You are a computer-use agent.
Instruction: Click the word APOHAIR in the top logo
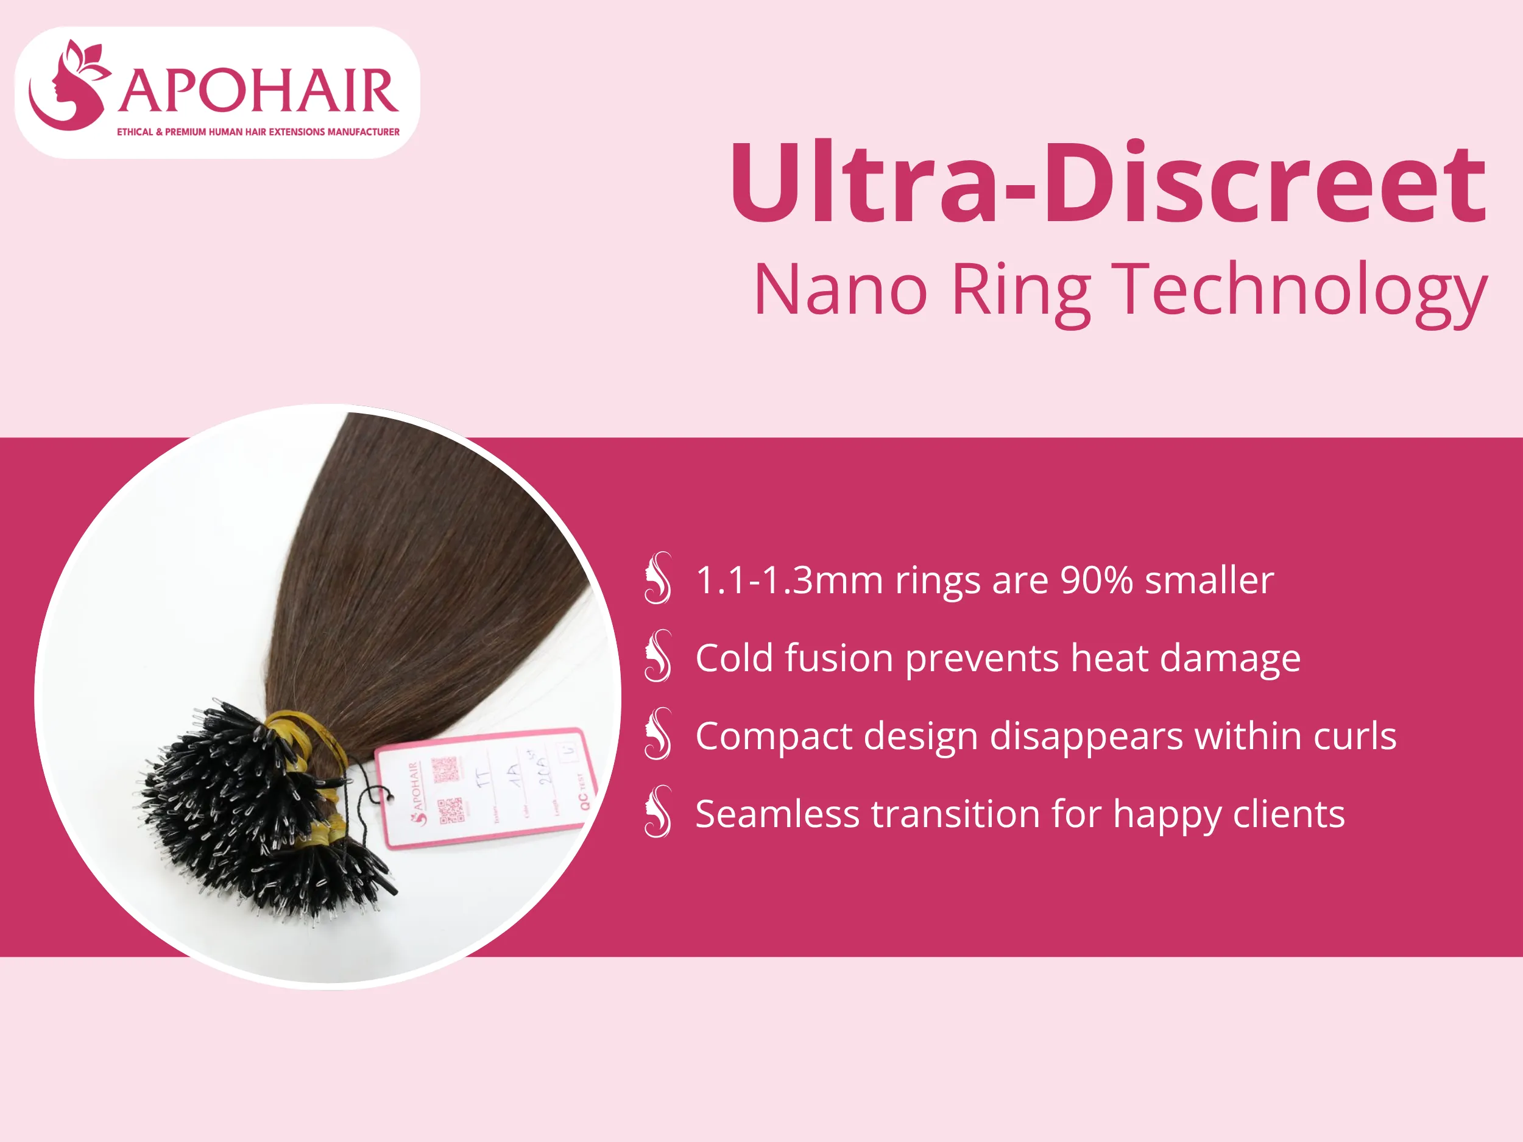tap(258, 91)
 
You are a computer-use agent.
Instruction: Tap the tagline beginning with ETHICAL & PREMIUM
tap(258, 132)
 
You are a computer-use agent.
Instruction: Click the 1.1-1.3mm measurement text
tap(789, 580)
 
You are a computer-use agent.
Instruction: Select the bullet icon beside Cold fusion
tap(658, 656)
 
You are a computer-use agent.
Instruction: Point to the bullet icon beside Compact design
tap(658, 734)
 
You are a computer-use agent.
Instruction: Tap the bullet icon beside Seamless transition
tap(658, 812)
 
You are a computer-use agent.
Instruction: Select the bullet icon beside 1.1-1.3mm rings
tap(658, 578)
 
